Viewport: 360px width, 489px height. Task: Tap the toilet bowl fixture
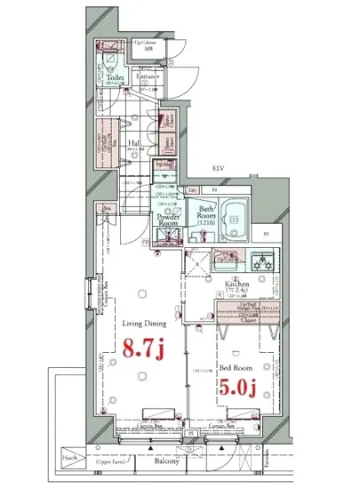108,59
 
